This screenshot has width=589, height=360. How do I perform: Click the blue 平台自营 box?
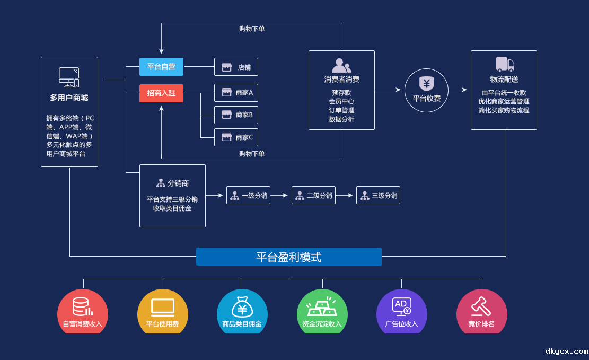(161, 67)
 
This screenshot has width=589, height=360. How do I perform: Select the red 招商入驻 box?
(161, 93)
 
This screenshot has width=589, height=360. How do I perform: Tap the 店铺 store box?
(236, 67)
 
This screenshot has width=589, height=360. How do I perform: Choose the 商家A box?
(236, 93)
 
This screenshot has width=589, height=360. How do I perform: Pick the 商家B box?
(236, 115)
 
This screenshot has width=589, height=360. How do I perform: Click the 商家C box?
(236, 137)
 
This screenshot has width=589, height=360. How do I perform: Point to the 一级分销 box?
(248, 196)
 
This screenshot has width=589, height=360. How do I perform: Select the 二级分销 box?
(313, 196)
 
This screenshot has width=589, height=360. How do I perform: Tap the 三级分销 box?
(378, 196)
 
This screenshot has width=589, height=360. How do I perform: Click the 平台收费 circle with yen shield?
(426, 90)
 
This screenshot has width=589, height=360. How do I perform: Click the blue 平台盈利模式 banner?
(289, 257)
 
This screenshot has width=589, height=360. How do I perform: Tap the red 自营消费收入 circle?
(83, 312)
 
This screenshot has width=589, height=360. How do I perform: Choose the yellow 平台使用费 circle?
(162, 312)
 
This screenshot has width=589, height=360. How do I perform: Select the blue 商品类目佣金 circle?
(242, 312)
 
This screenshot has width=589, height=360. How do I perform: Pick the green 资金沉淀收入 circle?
(322, 312)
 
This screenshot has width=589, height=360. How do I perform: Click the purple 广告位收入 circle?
(401, 312)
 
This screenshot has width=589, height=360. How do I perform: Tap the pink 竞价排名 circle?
(481, 312)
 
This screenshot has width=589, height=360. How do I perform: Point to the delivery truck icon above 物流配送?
(505, 65)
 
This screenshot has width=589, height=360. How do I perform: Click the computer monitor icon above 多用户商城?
(69, 77)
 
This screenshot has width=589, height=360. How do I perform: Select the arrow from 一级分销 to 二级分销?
(281, 196)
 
